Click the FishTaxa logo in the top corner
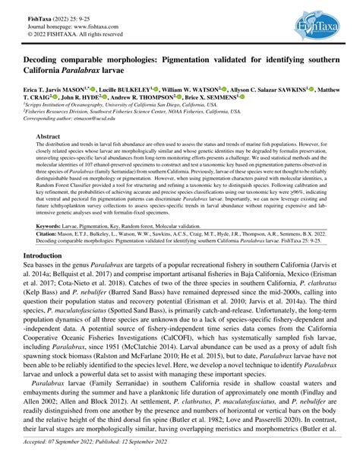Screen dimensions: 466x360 [320, 27]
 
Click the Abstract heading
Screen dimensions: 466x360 [51, 136]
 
